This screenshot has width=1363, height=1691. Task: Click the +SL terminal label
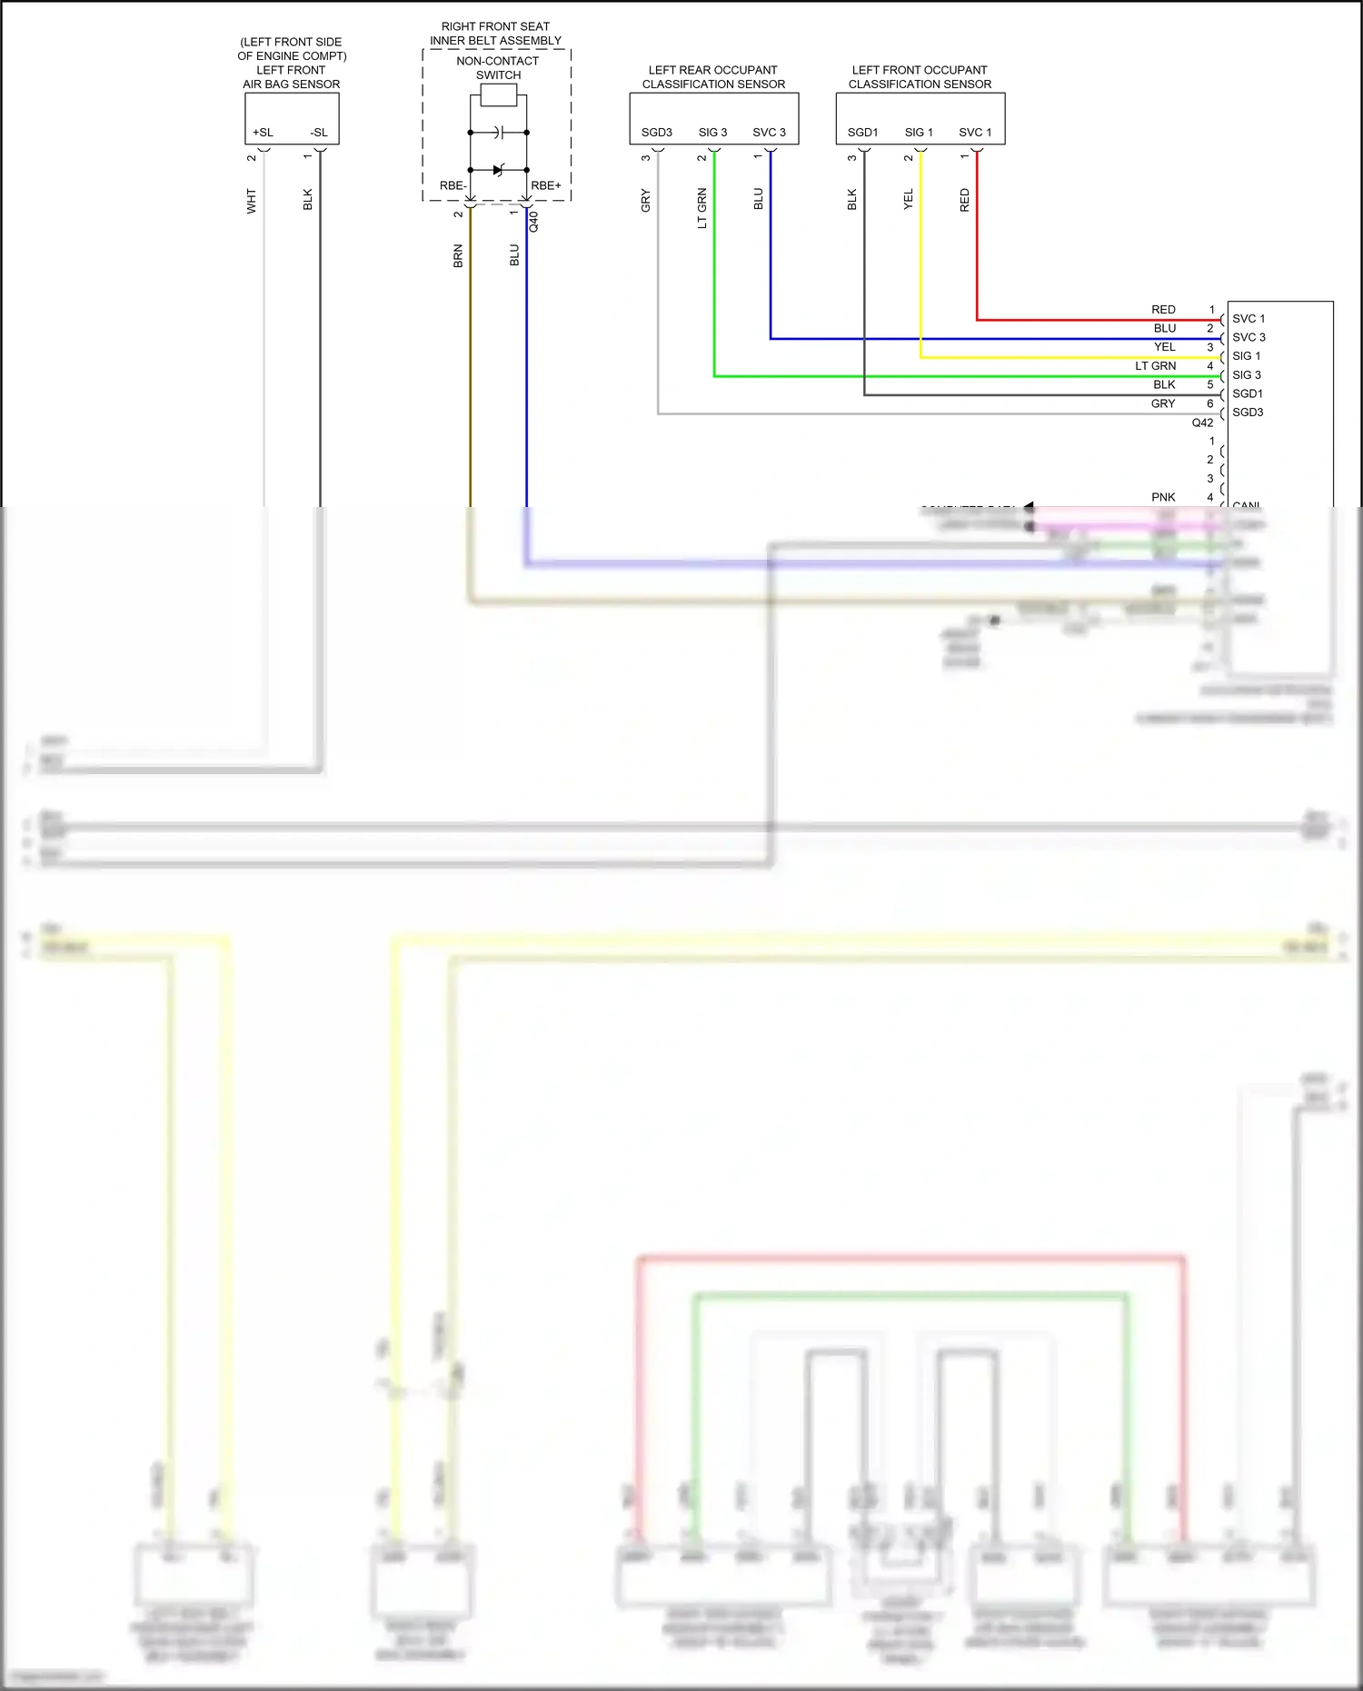point(263,133)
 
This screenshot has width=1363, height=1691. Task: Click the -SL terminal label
point(319,133)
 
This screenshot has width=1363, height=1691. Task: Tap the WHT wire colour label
point(252,201)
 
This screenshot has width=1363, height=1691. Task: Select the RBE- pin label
point(453,185)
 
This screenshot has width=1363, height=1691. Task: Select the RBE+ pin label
point(546,185)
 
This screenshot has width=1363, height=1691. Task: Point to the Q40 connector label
point(534,222)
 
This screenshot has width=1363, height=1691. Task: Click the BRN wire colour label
point(458,256)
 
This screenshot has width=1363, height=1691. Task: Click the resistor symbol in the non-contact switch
point(498,95)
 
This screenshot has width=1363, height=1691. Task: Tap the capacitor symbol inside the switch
point(498,133)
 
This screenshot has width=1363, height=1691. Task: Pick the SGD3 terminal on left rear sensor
point(656,133)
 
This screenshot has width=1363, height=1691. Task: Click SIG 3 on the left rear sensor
point(712,133)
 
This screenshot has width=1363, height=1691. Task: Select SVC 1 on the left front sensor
point(975,133)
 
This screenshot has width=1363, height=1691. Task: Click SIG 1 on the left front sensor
point(919,133)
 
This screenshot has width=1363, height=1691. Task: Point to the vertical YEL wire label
point(909,200)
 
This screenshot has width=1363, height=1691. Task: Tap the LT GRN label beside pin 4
point(1155,366)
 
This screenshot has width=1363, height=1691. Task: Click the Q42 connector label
point(1202,423)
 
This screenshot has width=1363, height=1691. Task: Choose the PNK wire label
point(1163,497)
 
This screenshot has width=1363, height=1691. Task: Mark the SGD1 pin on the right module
point(1248,393)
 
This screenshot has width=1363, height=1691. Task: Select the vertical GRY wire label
point(646,200)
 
